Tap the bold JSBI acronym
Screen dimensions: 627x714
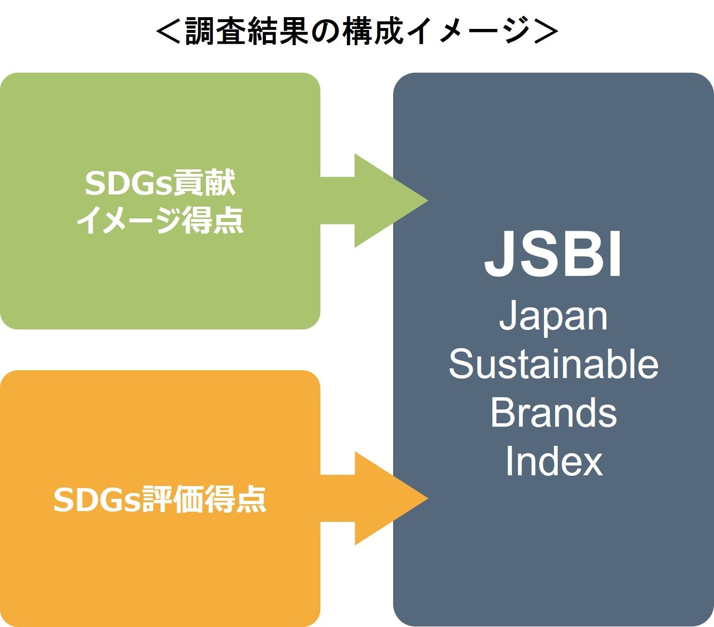(x=553, y=255)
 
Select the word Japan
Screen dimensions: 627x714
(x=553, y=317)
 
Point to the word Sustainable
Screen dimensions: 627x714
(x=553, y=365)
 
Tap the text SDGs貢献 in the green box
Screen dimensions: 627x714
(x=160, y=183)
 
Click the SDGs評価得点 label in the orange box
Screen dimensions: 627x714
(x=160, y=500)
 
